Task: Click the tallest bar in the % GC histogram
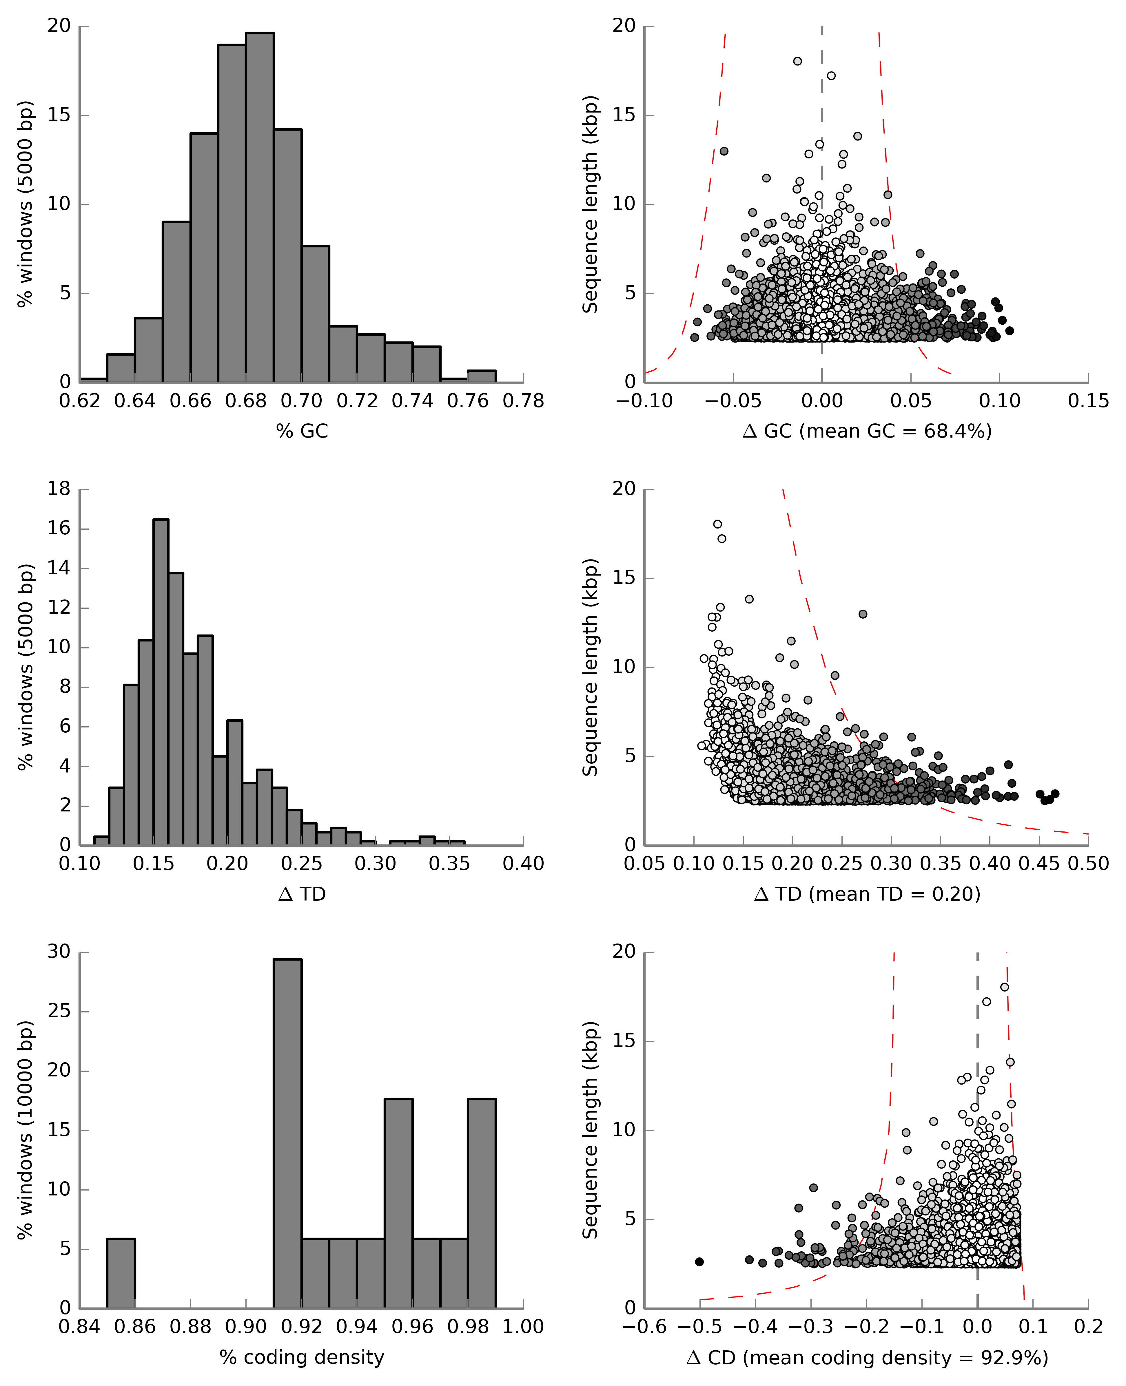pos(259,207)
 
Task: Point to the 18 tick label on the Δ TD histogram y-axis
pos(58,489)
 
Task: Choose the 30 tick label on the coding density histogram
pos(58,952)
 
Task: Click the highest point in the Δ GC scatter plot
pos(797,61)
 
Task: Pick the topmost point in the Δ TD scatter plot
pos(717,524)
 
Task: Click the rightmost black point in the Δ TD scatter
pos(1055,793)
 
